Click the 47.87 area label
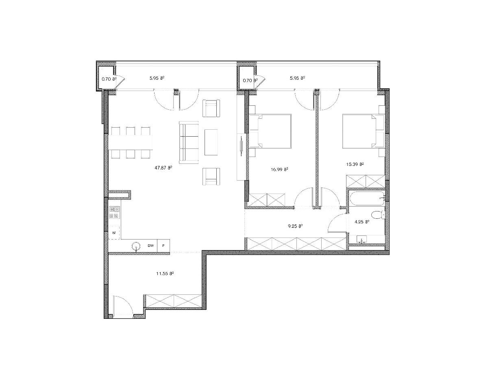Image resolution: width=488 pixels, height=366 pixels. (x=163, y=168)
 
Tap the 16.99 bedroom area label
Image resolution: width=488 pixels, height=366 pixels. (x=279, y=170)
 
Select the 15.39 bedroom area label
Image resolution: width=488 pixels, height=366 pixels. (x=355, y=164)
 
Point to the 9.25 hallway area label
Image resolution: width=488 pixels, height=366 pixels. (x=295, y=226)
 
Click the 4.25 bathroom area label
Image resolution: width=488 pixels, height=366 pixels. (x=362, y=222)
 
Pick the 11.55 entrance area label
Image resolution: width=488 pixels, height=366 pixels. (x=165, y=274)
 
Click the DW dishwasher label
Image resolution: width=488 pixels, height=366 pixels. (x=151, y=246)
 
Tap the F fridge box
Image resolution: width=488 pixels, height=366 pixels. (x=163, y=246)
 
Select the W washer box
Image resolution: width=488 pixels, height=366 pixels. (x=114, y=233)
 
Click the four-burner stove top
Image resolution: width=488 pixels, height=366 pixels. (x=115, y=212)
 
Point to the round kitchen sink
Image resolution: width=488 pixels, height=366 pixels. (x=136, y=246)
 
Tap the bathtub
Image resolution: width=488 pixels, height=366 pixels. (x=367, y=199)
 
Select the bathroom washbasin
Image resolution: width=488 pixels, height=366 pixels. (x=362, y=240)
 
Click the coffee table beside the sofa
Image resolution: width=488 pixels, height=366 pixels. (x=211, y=142)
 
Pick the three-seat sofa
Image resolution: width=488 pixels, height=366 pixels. (x=189, y=142)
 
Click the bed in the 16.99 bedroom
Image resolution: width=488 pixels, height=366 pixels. (x=270, y=131)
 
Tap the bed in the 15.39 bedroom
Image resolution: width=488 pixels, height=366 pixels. (x=364, y=131)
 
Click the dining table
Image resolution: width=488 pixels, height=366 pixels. (x=131, y=142)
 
